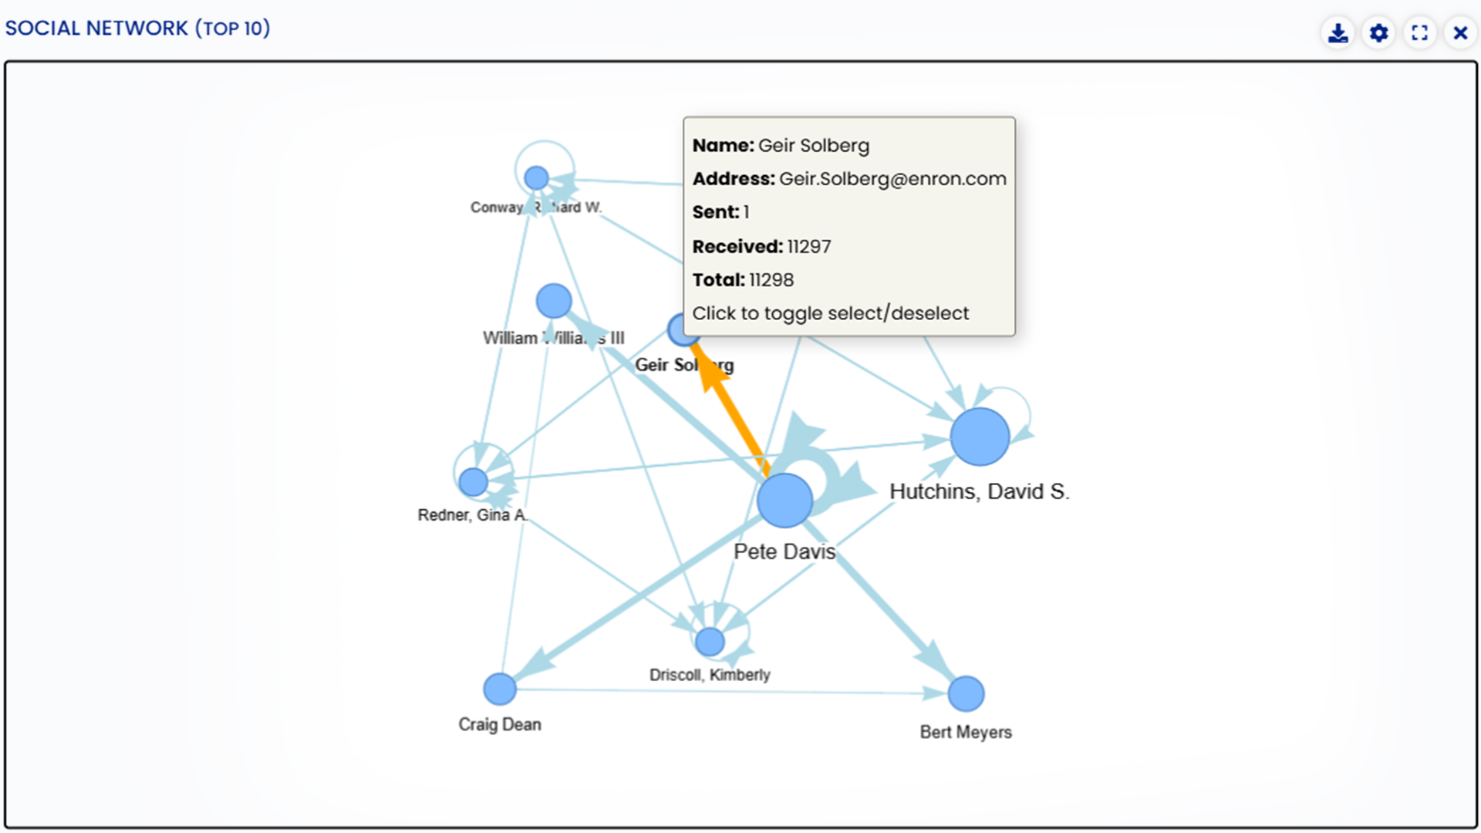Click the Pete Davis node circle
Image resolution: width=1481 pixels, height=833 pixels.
click(x=784, y=501)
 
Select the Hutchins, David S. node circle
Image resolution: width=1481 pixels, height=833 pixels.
click(x=980, y=437)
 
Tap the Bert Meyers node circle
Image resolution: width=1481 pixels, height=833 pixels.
click(x=966, y=693)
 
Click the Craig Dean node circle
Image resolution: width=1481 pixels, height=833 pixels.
click(x=500, y=689)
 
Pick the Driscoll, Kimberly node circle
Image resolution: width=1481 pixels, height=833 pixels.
click(x=710, y=641)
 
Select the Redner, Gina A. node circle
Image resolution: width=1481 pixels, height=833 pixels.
click(x=473, y=482)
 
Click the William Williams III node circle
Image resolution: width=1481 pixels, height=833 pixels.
click(x=553, y=301)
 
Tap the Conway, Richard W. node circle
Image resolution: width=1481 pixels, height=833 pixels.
click(x=536, y=178)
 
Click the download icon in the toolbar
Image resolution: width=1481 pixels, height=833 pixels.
click(x=1338, y=33)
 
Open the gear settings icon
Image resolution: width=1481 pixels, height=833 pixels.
click(x=1378, y=33)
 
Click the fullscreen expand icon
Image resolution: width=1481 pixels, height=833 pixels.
click(x=1419, y=33)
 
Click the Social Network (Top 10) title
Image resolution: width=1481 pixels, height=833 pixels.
click(x=137, y=29)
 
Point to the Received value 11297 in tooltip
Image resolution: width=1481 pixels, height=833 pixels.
click(x=808, y=247)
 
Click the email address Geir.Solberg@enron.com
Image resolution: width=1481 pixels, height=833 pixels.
click(x=892, y=179)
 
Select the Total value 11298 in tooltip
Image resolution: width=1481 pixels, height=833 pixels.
click(x=771, y=280)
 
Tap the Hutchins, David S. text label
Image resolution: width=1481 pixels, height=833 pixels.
click(x=979, y=491)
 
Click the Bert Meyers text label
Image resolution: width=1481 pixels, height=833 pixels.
click(x=965, y=732)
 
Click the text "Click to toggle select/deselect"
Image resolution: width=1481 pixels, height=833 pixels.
click(x=830, y=313)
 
